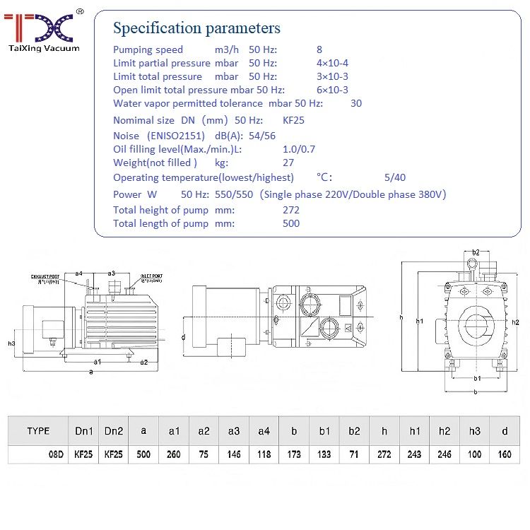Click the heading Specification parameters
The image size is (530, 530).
196,28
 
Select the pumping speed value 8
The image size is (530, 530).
319,49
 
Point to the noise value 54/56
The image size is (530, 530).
262,136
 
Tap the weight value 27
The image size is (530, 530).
288,163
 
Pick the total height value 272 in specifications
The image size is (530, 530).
290,210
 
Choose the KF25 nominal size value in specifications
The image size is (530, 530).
293,120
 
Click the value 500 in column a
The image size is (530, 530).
144,454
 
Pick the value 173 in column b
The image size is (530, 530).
295,454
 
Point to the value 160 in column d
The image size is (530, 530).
504,454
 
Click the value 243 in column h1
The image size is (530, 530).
414,454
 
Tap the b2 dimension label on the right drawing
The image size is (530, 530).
476,252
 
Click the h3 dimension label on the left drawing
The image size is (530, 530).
11,343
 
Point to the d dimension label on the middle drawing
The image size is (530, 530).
183,337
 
